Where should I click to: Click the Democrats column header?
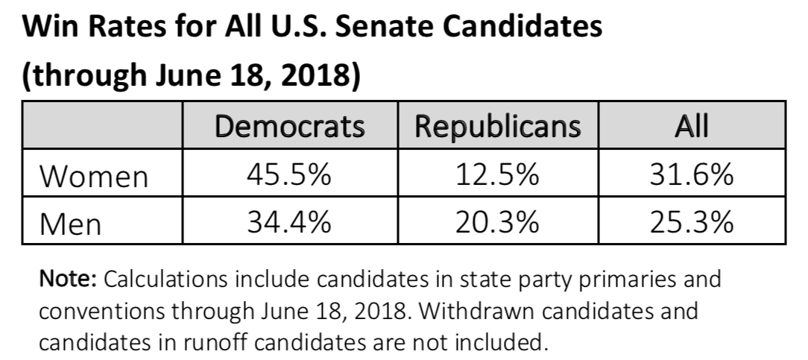click(x=289, y=127)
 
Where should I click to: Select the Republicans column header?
click(x=497, y=127)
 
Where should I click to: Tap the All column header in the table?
click(x=692, y=127)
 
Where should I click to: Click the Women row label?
click(x=94, y=177)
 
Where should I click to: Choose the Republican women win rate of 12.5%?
click(x=497, y=176)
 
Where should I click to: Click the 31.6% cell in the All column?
click(x=692, y=176)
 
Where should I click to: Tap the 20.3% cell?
click(x=497, y=222)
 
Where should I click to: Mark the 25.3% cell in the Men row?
click(x=692, y=222)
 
